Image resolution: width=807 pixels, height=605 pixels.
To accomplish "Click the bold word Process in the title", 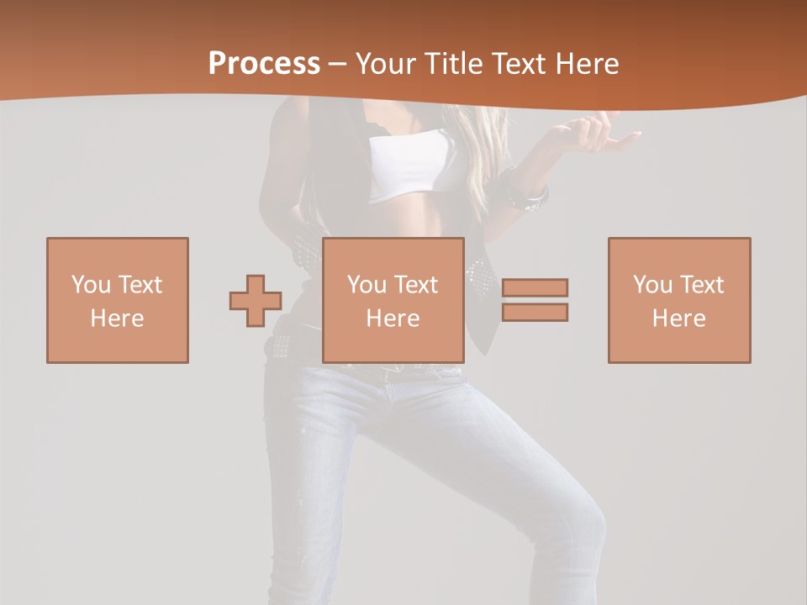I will [x=264, y=64].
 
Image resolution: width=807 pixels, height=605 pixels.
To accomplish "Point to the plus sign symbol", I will [x=256, y=301].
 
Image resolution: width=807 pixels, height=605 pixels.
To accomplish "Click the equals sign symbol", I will [x=535, y=300].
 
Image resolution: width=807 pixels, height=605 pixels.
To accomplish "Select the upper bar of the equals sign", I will [x=535, y=287].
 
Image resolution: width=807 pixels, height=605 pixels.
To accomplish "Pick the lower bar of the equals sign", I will [x=535, y=312].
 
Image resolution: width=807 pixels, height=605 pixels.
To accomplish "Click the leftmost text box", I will [x=118, y=300].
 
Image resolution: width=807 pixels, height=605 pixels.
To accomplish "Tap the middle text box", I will [x=393, y=300].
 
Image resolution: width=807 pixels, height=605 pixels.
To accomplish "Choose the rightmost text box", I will [x=679, y=300].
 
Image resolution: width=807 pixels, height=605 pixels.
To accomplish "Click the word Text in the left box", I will [x=140, y=285].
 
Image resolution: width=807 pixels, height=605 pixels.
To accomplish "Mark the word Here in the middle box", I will [x=393, y=318].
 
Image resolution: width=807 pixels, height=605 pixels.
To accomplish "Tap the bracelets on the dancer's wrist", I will [x=528, y=195].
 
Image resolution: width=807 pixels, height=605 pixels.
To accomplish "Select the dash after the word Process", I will [x=338, y=64].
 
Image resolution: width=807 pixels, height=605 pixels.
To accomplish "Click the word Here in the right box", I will [x=679, y=318].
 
